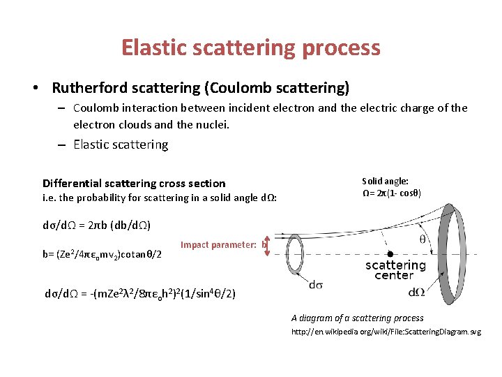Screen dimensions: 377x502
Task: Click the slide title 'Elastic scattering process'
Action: coord(251,47)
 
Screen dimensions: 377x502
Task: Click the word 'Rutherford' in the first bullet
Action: coord(87,88)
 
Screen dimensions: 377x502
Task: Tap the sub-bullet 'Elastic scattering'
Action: coord(121,145)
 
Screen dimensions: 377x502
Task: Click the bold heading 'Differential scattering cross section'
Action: coord(134,183)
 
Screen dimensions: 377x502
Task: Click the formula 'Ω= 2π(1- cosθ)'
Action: coord(391,193)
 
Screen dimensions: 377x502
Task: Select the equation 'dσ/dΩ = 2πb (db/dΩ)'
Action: coord(97,226)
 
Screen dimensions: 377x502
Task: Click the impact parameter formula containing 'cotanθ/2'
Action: coord(102,253)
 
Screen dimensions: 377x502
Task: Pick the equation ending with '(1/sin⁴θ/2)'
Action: coord(140,294)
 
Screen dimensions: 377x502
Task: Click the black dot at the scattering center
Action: coord(390,253)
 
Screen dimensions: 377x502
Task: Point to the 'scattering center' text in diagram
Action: coord(395,270)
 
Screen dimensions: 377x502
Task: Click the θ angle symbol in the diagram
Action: coord(423,239)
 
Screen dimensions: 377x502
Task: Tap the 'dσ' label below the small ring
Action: coord(315,284)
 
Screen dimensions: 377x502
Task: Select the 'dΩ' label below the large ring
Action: coord(417,292)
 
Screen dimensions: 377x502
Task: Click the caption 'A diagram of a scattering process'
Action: coord(357,318)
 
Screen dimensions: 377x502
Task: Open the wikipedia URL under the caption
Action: coord(386,332)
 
